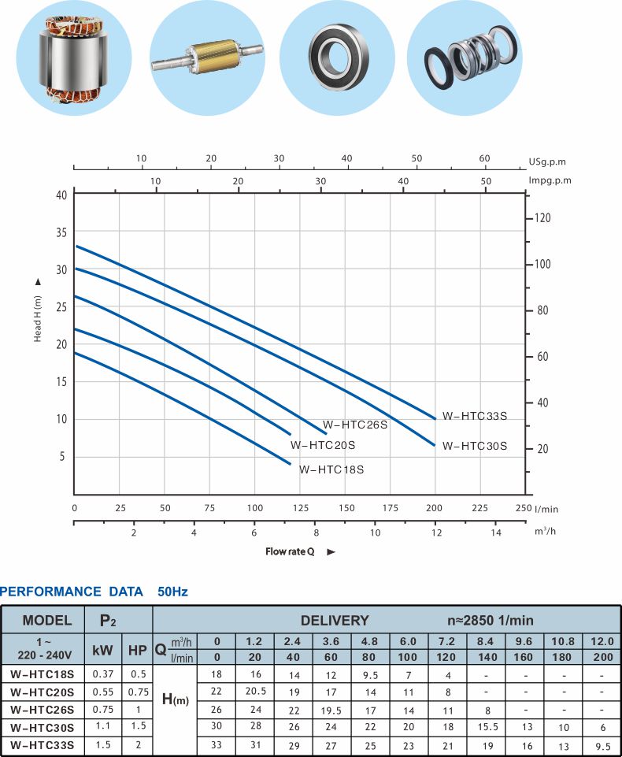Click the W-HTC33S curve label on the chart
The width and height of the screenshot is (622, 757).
(x=474, y=416)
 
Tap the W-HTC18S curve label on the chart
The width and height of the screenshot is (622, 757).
(x=331, y=469)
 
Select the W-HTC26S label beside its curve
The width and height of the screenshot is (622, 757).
(x=355, y=425)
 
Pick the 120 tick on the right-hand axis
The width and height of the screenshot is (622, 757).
(x=543, y=217)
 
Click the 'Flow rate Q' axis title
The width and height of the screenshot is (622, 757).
(x=290, y=551)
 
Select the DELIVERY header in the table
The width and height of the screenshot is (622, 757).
(x=334, y=620)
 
